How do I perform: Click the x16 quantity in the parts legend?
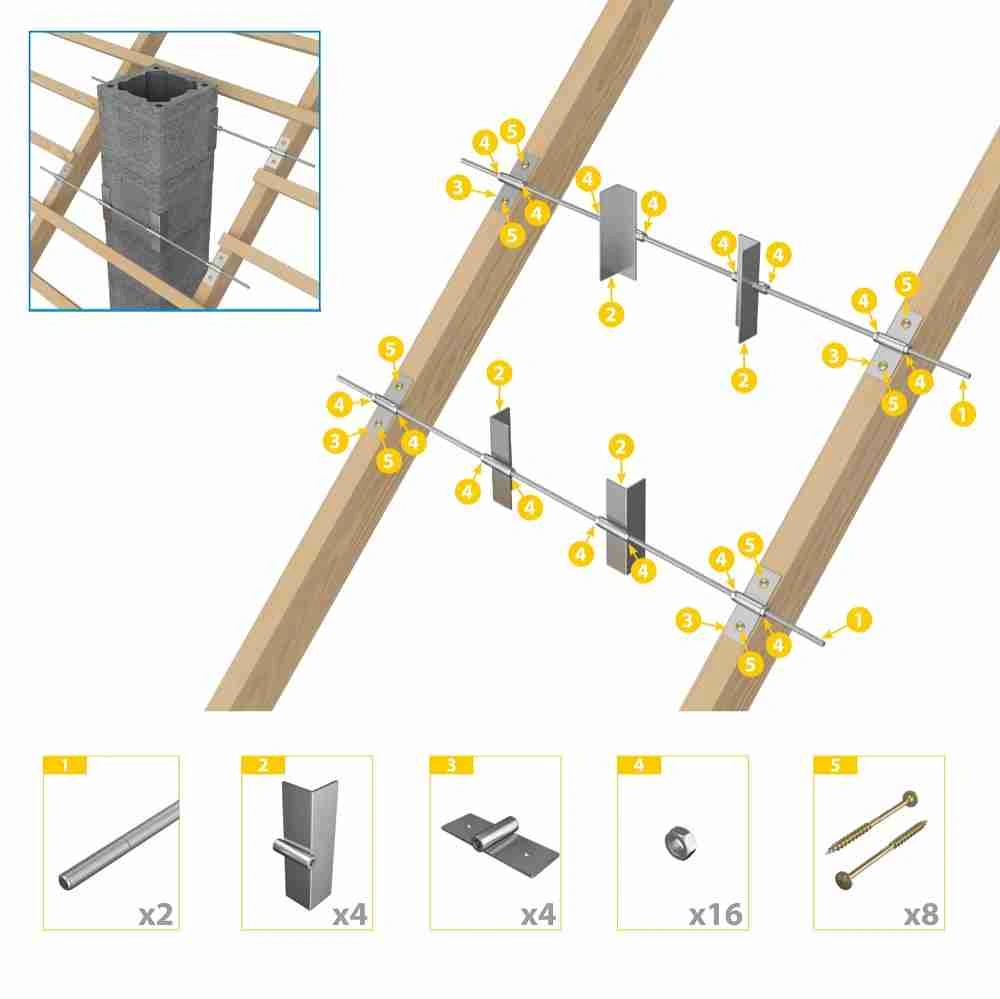[716, 914]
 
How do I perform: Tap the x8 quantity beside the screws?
[921, 914]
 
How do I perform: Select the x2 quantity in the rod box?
[156, 914]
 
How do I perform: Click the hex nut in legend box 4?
[679, 841]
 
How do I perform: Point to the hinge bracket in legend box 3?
[500, 838]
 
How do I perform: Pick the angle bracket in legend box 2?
[309, 843]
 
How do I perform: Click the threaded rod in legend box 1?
[119, 845]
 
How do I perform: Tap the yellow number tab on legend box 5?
[835, 765]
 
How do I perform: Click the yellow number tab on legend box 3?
[452, 765]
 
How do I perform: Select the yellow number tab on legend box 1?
[64, 765]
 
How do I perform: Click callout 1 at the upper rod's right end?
[962, 414]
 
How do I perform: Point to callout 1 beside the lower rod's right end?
[858, 619]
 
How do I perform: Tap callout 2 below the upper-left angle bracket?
[611, 314]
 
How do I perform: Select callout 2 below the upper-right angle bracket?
[743, 380]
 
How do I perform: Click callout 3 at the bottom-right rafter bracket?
[688, 620]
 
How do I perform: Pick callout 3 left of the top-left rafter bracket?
[458, 188]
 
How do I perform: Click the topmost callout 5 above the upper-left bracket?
[513, 131]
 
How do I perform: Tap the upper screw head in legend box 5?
[910, 798]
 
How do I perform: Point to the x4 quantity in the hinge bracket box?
[538, 914]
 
